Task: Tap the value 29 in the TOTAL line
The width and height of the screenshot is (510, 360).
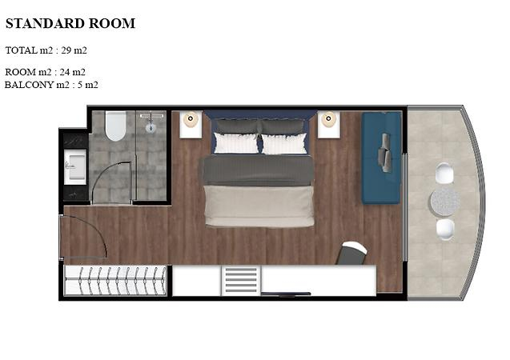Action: click(x=66, y=50)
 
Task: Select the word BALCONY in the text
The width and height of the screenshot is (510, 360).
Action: click(x=29, y=85)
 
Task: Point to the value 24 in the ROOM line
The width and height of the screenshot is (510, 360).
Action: click(x=65, y=72)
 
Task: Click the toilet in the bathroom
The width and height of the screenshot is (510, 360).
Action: click(x=115, y=126)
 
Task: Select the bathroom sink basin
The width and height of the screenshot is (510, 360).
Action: click(x=75, y=166)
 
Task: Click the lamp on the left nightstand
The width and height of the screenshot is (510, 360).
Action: click(x=191, y=119)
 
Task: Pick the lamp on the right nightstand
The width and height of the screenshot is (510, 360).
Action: click(x=328, y=119)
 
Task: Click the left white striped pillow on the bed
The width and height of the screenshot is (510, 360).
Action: click(x=236, y=143)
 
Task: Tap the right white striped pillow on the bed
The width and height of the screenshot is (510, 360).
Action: click(x=284, y=144)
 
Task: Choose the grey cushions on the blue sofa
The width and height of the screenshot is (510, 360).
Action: click(x=384, y=153)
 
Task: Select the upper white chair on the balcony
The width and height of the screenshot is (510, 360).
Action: click(x=444, y=173)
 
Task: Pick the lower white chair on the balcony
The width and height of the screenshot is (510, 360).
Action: click(x=445, y=230)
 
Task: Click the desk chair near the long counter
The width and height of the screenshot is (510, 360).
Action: click(x=352, y=253)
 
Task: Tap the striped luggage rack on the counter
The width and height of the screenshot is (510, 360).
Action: click(x=241, y=280)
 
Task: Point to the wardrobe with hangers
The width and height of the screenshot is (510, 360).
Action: click(x=115, y=281)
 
